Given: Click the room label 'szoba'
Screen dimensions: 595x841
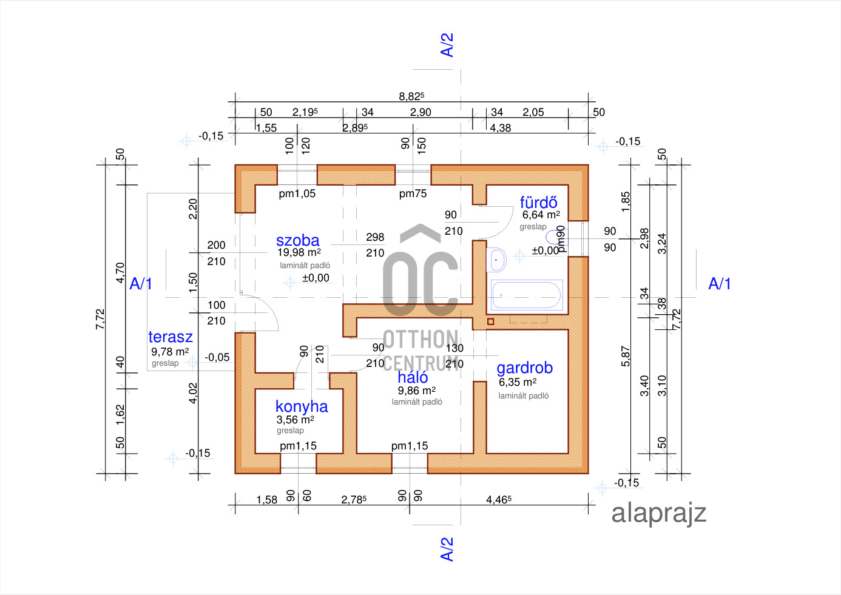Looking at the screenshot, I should tap(297, 240).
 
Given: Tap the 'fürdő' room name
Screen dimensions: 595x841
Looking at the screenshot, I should tap(538, 202).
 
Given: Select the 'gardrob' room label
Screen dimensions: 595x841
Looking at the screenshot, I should tap(524, 368).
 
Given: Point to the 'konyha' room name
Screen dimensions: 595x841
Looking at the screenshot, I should tap(302, 406).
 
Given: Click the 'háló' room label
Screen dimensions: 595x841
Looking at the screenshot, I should tap(413, 377).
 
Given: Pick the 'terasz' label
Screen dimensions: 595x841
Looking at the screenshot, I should tap(171, 337).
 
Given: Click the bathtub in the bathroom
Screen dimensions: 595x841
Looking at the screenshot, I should tap(526, 295).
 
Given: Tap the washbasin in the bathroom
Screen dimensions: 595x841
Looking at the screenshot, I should tap(497, 260).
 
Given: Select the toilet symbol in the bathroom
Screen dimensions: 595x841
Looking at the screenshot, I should tap(555, 237).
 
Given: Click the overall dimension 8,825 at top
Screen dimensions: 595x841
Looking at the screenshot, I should tap(411, 96).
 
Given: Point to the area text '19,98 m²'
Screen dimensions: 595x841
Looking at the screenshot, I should tap(299, 252).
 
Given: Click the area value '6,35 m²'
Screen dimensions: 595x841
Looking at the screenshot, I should tap(518, 382).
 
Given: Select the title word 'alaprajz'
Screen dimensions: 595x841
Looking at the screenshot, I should tap(658, 513).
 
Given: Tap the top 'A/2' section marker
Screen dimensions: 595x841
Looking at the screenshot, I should tap(447, 45).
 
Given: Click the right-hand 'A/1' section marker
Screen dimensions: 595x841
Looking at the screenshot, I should tap(720, 283).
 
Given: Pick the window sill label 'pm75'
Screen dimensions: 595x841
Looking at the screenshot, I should tap(413, 193).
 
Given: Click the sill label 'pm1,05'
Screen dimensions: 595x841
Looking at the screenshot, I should tap(297, 193).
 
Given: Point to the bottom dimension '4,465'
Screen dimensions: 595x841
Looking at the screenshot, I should tap(498, 500).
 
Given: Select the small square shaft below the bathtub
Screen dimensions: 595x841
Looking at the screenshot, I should tap(491, 321).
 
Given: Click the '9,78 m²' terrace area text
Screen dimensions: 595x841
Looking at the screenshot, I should tap(170, 352).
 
